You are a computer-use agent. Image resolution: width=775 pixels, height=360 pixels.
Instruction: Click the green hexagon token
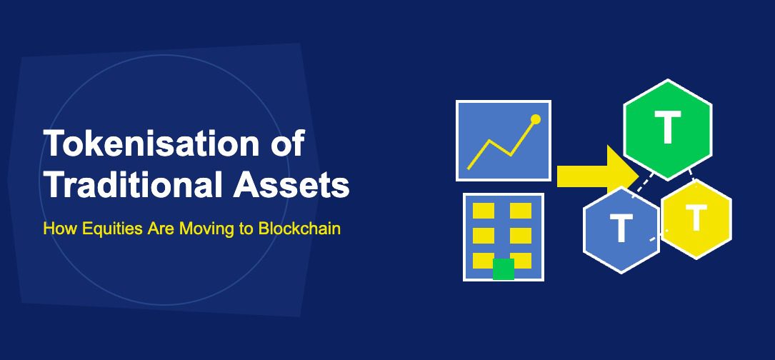pyautogui.click(x=668, y=129)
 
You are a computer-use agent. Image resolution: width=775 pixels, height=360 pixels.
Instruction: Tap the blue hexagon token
pyautogui.click(x=621, y=229)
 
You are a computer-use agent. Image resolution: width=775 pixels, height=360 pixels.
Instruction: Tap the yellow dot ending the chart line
pyautogui.click(x=536, y=119)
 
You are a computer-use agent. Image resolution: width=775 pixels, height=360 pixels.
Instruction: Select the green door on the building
pyautogui.click(x=504, y=269)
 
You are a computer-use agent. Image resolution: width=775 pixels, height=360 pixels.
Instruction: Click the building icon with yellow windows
pyautogui.click(x=503, y=236)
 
